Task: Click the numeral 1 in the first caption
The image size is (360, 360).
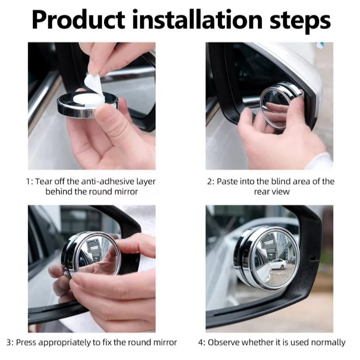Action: tap(28, 182)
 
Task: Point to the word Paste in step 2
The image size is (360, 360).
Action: tap(227, 182)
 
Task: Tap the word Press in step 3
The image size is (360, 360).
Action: tap(26, 342)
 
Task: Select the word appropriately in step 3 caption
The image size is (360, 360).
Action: tap(64, 343)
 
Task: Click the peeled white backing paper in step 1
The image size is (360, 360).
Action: tap(93, 84)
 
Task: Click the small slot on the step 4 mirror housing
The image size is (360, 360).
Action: tap(315, 259)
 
